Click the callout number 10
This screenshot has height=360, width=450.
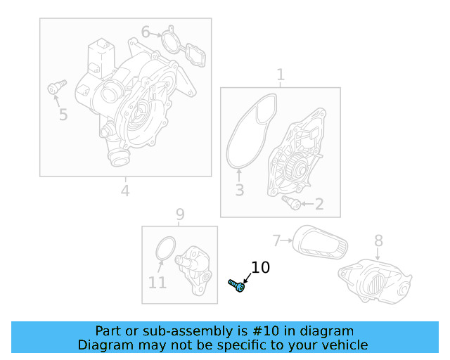tap(260, 267)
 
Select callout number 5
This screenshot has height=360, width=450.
tap(63, 114)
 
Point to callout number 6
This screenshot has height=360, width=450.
tap(146, 32)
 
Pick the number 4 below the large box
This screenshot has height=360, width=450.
tap(125, 191)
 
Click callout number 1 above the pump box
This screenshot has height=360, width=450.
tap(281, 75)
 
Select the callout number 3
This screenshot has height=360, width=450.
tap(239, 190)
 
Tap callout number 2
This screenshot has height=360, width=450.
tap(319, 205)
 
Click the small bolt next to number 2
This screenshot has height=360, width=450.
tap(291, 203)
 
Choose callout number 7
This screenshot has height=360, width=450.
tap(276, 240)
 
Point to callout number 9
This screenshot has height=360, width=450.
tap(180, 214)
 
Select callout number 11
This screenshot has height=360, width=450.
tap(157, 283)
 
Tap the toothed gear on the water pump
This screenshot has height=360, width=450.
tap(295, 169)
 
